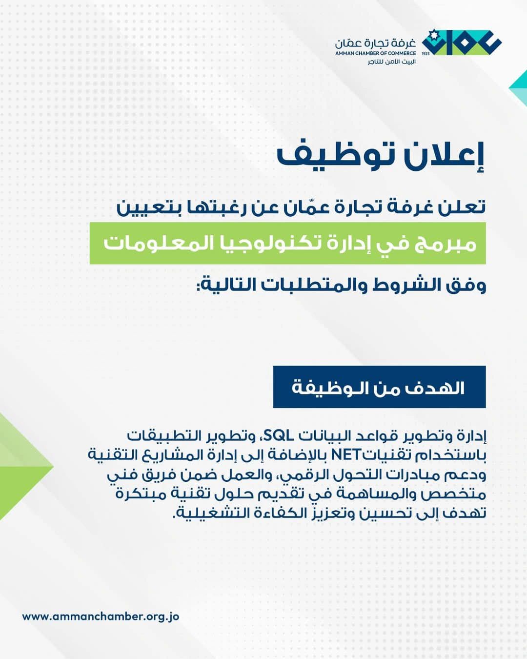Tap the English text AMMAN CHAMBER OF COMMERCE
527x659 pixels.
[375, 53]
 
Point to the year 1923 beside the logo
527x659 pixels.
[426, 54]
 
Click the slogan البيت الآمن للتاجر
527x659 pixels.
[392, 62]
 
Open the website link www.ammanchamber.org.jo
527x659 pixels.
[101, 617]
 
